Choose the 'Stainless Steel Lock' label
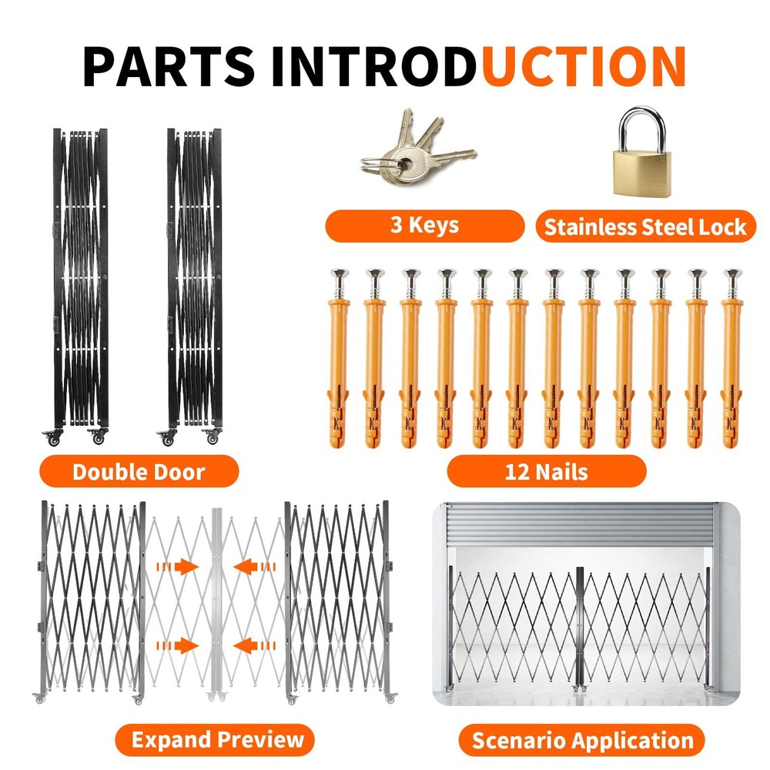click(645, 227)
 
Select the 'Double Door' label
click(139, 471)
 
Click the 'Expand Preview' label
click(217, 740)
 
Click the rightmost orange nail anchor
click(731, 362)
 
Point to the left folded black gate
click(80, 277)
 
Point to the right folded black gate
click(194, 277)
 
